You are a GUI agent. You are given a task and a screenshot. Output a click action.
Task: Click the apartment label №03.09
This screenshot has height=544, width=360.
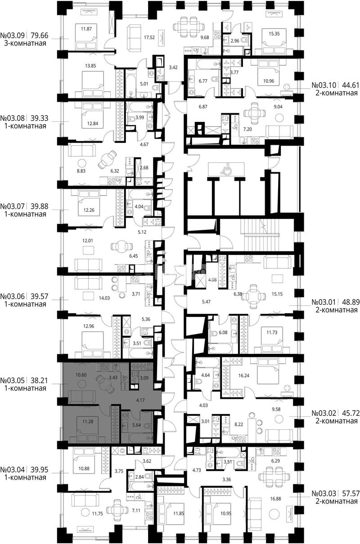click(x=13, y=36)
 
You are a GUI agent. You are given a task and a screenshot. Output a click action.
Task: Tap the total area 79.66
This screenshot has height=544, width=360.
click(x=40, y=36)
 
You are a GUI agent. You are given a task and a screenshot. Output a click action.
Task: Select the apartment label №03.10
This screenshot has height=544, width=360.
click(x=324, y=85)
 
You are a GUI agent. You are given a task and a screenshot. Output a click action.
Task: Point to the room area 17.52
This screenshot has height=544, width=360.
click(x=149, y=37)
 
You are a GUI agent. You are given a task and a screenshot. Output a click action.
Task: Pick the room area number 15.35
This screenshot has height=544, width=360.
click(x=274, y=34)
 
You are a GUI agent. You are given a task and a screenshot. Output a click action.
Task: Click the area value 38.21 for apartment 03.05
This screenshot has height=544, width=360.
click(x=40, y=380)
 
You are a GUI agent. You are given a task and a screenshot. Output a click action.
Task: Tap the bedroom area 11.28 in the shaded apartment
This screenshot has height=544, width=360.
click(x=88, y=421)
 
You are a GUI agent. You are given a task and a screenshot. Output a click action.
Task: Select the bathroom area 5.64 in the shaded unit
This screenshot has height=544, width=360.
click(x=136, y=425)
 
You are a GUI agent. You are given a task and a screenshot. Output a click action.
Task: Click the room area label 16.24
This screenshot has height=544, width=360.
click(x=244, y=375)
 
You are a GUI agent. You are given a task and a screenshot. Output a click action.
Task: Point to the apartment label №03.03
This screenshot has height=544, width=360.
click(x=324, y=493)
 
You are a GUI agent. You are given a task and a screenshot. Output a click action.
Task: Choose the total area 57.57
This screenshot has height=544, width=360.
click(x=351, y=493)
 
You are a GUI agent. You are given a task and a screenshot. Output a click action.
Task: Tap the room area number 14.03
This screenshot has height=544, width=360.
click(x=104, y=298)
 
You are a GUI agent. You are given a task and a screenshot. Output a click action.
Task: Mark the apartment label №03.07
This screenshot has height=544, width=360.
click(x=13, y=206)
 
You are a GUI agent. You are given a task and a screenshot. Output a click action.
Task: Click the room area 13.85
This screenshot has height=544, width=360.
click(x=90, y=65)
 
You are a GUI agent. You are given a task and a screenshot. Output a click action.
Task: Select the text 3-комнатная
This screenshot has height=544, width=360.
click(x=25, y=44)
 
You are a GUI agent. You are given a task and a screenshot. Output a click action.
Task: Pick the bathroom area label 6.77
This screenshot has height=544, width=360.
click(x=203, y=81)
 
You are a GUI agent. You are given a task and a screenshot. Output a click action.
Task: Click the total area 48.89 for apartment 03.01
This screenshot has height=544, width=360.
click(x=351, y=302)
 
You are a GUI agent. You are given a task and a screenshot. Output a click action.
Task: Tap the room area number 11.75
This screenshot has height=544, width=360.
click(x=97, y=513)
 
